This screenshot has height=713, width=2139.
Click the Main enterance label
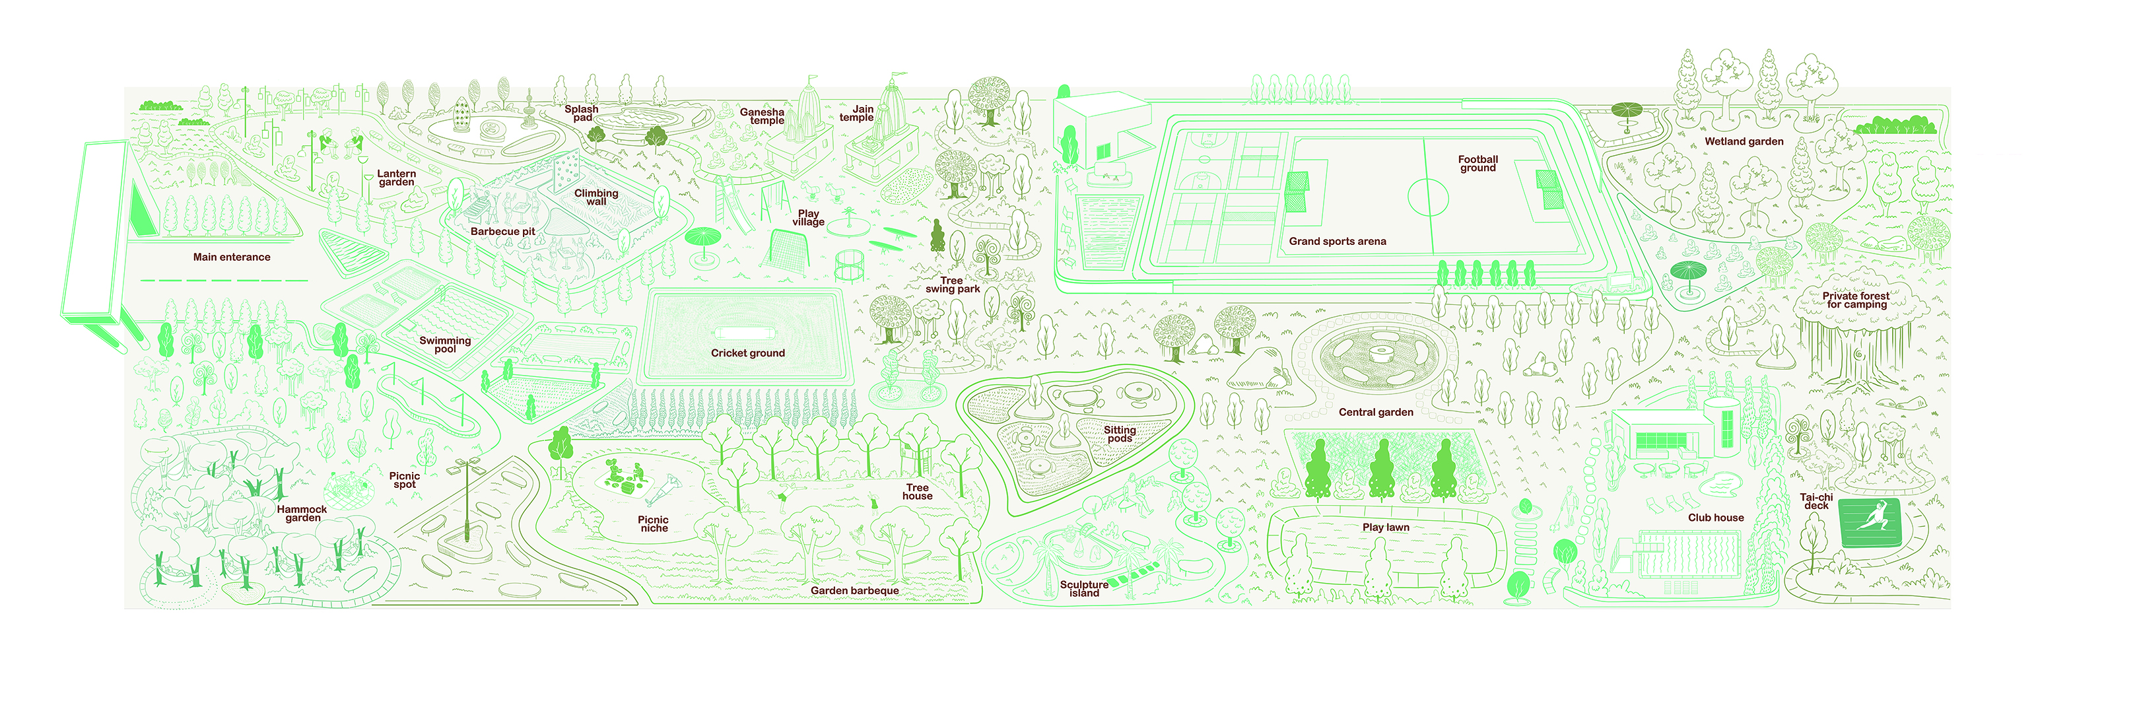(x=232, y=257)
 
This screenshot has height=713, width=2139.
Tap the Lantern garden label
(x=396, y=178)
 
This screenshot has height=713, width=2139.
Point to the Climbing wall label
(x=596, y=197)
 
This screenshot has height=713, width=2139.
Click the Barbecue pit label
(x=502, y=232)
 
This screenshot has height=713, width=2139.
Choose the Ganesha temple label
(x=763, y=116)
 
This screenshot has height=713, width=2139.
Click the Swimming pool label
(x=445, y=345)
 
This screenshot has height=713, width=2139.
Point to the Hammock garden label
(x=302, y=514)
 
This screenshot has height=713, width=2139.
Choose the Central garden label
(x=1376, y=413)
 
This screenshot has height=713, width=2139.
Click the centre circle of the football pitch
(x=1427, y=197)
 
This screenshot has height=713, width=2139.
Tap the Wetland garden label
(x=1744, y=142)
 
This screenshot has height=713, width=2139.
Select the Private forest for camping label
(x=1856, y=300)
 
